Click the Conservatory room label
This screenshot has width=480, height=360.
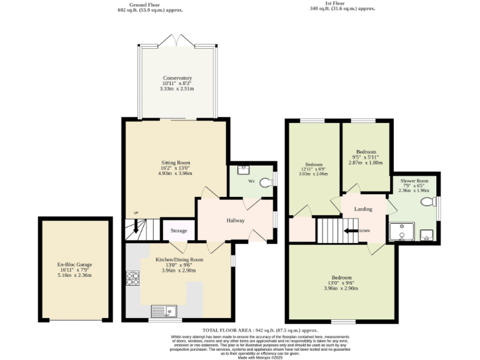(x=178, y=78)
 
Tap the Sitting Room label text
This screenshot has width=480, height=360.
(x=176, y=162)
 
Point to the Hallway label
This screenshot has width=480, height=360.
(x=235, y=220)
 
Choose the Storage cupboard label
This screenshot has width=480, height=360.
(x=179, y=231)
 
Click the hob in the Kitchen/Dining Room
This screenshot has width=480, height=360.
(x=132, y=278)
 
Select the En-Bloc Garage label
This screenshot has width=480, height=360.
(x=75, y=264)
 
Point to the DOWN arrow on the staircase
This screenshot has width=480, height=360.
(x=355, y=231)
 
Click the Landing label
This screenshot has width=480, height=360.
(x=363, y=209)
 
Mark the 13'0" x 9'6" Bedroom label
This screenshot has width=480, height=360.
(x=341, y=277)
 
